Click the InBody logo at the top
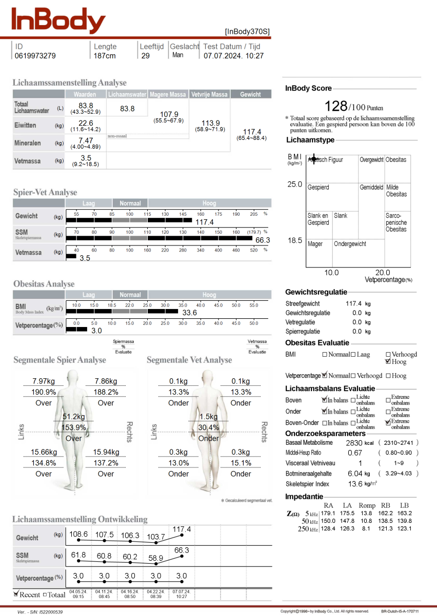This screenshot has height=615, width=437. (x=58, y=21)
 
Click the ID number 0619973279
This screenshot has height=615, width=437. (x=35, y=56)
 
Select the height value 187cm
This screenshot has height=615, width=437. (x=105, y=56)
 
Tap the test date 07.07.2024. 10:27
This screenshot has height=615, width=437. (x=233, y=56)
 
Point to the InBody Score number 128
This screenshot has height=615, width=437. (x=336, y=106)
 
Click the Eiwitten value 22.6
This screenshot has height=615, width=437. (x=86, y=123)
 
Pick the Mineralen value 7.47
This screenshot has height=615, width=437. (x=86, y=140)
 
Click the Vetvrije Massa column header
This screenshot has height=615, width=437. (x=209, y=94)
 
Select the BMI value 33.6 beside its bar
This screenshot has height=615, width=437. (x=190, y=313)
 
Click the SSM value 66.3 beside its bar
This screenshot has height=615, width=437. (x=263, y=240)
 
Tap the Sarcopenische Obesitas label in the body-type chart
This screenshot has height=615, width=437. (x=396, y=222)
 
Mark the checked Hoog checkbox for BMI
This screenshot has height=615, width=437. (x=388, y=362)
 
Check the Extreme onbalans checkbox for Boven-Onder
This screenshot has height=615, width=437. (x=388, y=423)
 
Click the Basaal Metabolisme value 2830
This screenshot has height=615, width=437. (x=354, y=443)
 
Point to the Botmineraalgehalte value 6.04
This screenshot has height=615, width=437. (x=355, y=474)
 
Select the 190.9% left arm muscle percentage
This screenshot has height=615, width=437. (x=44, y=392)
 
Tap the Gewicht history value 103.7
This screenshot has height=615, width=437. (x=156, y=537)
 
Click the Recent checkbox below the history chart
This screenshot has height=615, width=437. (x=16, y=594)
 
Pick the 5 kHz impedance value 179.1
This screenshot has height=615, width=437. (x=329, y=513)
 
